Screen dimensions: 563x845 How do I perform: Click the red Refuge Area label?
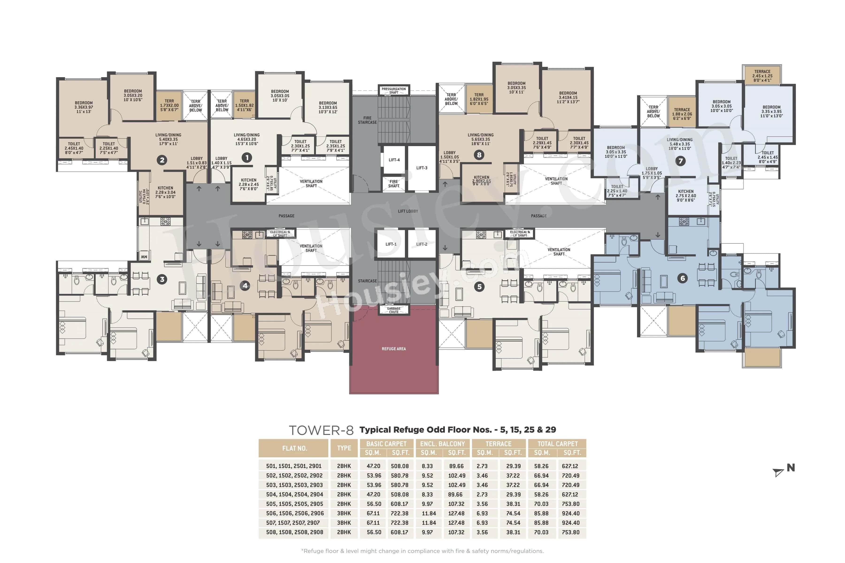(x=394, y=349)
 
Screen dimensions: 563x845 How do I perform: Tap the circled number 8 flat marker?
(x=479, y=155)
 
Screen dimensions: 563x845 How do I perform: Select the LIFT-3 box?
(x=422, y=168)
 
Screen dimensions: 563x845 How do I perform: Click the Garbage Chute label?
(x=394, y=310)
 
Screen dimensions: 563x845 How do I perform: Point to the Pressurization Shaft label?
(x=394, y=91)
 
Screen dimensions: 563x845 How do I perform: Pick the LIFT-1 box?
(x=391, y=244)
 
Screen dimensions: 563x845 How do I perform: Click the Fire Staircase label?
(x=367, y=120)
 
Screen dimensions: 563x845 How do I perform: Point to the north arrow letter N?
(x=791, y=468)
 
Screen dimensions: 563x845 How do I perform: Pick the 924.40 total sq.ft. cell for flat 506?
(x=571, y=514)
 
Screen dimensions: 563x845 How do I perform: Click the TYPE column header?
(x=344, y=448)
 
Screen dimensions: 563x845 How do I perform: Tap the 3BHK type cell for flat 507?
(x=344, y=523)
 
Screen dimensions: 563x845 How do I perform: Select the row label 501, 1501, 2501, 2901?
(x=294, y=466)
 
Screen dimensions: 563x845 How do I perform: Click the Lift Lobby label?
(x=408, y=211)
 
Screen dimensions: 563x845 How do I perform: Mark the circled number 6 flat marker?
(x=683, y=278)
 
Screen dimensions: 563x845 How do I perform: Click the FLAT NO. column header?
(x=294, y=448)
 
